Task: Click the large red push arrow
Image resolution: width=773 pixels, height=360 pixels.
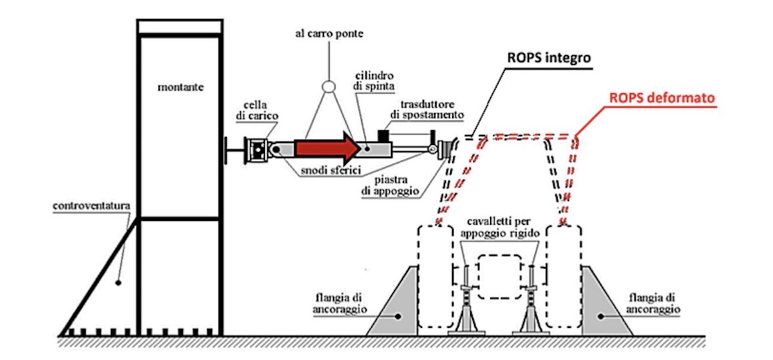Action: pyautogui.click(x=325, y=148)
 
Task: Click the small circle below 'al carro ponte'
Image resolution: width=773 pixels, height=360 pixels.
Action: pyautogui.click(x=328, y=86)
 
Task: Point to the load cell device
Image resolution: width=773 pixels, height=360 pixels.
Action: pyautogui.click(x=258, y=150)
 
